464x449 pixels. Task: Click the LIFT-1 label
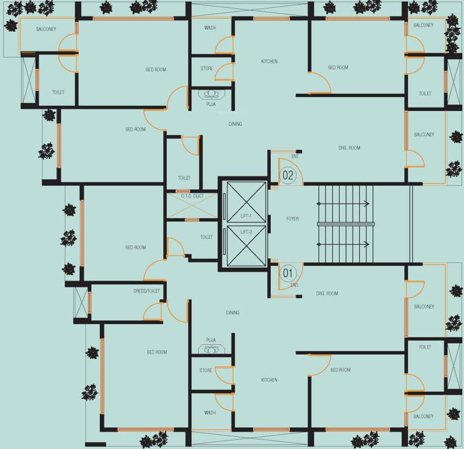click(246, 216)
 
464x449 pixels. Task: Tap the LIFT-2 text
click(246, 232)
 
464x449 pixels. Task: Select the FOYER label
click(292, 219)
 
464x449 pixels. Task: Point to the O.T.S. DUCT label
click(192, 196)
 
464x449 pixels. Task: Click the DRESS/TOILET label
click(146, 291)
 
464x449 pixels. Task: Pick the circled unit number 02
click(288, 175)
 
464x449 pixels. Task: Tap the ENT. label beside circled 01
click(295, 285)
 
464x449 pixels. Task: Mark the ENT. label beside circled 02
click(295, 157)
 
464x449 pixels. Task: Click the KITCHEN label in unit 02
click(269, 61)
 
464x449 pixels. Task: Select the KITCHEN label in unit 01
click(269, 381)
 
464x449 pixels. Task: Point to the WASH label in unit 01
click(210, 413)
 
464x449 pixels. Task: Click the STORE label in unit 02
click(207, 68)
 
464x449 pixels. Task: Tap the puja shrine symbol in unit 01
click(211, 350)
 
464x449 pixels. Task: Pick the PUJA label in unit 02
click(211, 104)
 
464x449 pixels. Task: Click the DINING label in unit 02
click(235, 124)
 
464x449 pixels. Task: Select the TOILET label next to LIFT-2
click(207, 237)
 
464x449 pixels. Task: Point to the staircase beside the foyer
click(344, 224)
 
